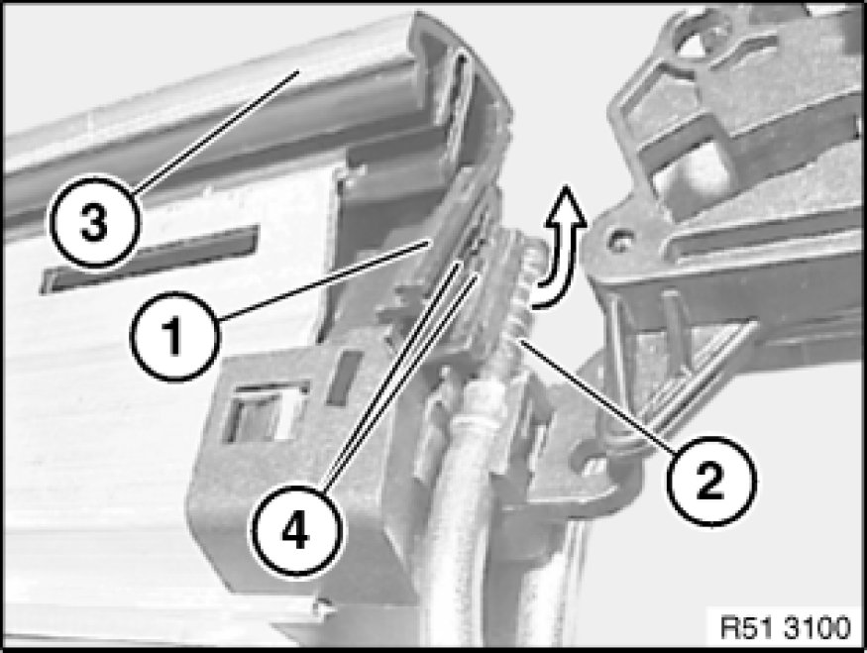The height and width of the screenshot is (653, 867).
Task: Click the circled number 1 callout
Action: (174, 336)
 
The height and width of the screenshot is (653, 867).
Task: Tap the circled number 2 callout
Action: (710, 481)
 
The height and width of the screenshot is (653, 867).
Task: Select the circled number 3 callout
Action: (94, 221)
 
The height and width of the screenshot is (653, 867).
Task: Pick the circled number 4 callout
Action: (296, 532)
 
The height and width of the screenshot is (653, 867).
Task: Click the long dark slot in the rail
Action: (150, 259)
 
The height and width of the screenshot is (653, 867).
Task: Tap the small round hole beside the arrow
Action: (617, 241)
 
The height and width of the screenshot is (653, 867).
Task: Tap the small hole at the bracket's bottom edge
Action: (319, 606)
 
